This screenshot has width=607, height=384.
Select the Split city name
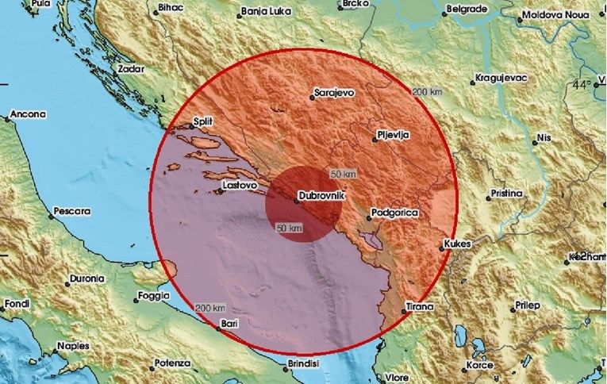(205, 123)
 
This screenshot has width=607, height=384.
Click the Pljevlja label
(394, 136)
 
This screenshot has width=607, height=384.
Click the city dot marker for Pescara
(47, 213)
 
